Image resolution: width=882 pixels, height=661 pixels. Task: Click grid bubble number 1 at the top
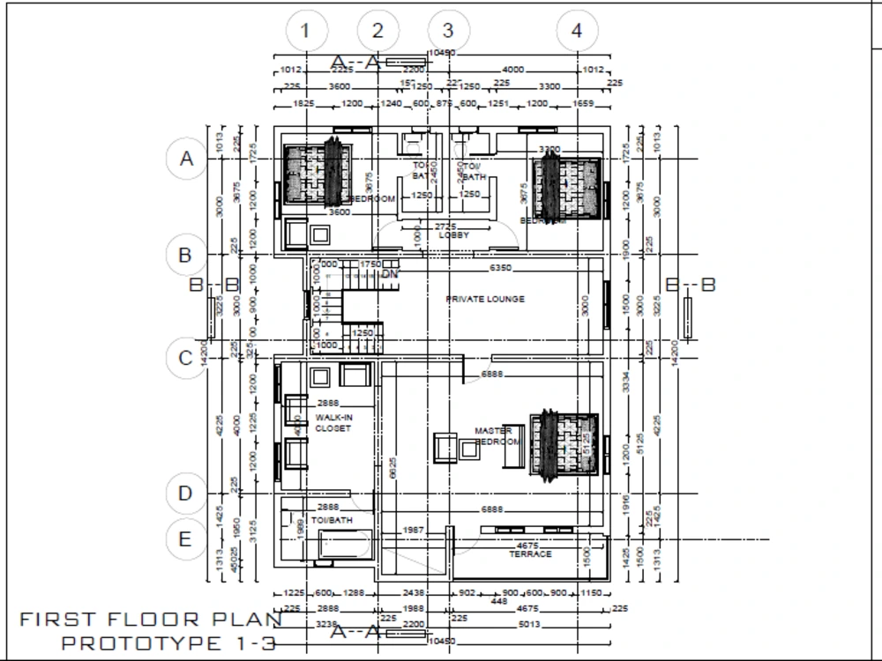click(x=305, y=31)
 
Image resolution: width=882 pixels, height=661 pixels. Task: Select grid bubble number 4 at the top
click(x=577, y=31)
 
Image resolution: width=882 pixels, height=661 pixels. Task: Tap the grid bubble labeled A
click(x=186, y=160)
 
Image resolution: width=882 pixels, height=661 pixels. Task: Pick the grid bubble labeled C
click(x=186, y=359)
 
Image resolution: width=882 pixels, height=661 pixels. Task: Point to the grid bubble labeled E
click(x=185, y=539)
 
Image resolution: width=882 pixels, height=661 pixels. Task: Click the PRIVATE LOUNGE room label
click(x=485, y=300)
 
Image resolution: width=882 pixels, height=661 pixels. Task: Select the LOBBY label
click(x=453, y=235)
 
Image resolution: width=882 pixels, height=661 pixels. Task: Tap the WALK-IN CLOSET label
click(x=333, y=423)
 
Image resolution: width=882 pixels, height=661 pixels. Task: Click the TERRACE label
click(x=530, y=554)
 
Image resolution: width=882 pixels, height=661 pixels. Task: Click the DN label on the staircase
click(x=390, y=274)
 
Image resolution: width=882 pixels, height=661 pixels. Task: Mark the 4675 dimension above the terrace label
click(x=527, y=546)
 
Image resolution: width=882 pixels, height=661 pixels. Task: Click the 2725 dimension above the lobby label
click(x=447, y=227)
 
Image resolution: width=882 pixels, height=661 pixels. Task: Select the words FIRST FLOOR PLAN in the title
click(x=151, y=620)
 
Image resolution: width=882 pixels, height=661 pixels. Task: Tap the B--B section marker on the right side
click(x=690, y=285)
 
